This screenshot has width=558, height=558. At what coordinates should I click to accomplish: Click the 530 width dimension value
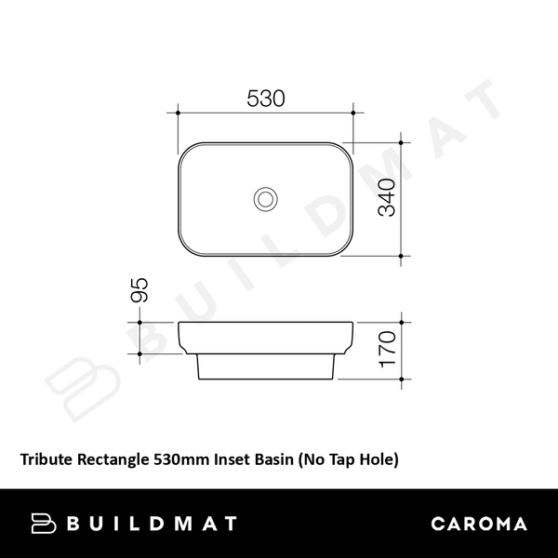266,98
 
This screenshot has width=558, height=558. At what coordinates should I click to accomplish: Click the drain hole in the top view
266,198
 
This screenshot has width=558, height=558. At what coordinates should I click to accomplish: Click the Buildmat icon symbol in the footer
46,524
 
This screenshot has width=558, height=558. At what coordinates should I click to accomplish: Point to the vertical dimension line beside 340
401,198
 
